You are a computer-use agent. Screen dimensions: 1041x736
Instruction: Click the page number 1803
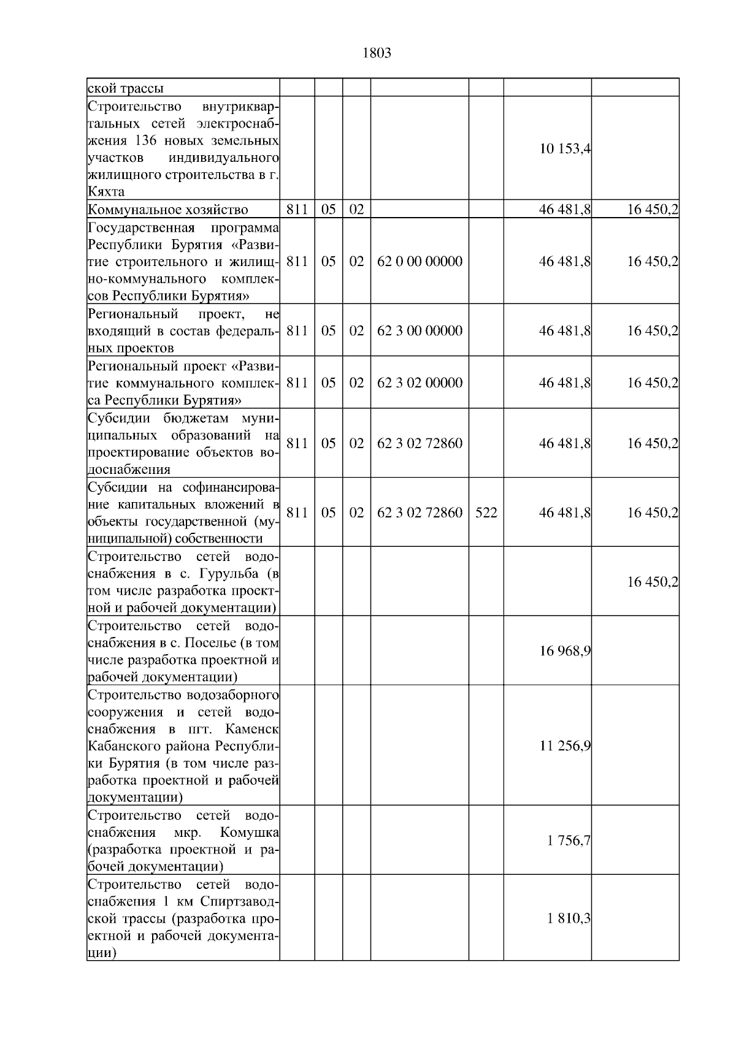pyautogui.click(x=377, y=53)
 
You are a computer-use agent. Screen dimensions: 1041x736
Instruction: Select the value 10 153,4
pyautogui.click(x=564, y=148)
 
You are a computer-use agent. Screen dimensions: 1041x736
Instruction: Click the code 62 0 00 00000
pyautogui.click(x=420, y=261)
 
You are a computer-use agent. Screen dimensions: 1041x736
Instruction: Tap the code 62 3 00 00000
pyautogui.click(x=420, y=330)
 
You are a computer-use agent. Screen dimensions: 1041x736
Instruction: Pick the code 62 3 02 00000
pyautogui.click(x=420, y=383)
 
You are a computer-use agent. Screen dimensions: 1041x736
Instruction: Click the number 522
pyautogui.click(x=486, y=513)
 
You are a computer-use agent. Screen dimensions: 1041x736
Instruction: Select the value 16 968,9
pyautogui.click(x=564, y=650)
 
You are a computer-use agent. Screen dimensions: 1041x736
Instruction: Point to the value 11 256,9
pyautogui.click(x=564, y=745)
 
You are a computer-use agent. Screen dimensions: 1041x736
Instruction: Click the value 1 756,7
pyautogui.click(x=569, y=841)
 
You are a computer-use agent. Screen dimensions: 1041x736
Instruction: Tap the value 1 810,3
pyautogui.click(x=569, y=918)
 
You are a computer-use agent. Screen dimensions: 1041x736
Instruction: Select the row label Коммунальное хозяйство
pyautogui.click(x=168, y=210)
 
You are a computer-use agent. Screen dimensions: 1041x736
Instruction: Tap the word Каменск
pyautogui.click(x=251, y=730)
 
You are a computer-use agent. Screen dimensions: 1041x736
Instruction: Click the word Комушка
pyautogui.click(x=249, y=833)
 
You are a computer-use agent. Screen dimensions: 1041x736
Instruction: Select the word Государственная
pyautogui.click(x=141, y=229)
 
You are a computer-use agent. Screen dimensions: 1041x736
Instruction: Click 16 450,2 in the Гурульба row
pyautogui.click(x=652, y=582)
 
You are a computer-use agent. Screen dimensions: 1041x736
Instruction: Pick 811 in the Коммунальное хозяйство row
pyautogui.click(x=297, y=210)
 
